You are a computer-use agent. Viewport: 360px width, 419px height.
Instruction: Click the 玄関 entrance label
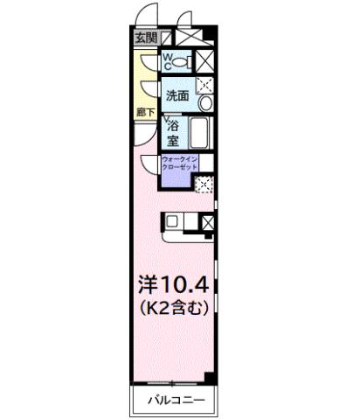(145, 38)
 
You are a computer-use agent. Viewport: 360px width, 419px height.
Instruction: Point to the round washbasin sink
(204, 104)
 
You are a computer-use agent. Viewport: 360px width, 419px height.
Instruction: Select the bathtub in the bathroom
(199, 135)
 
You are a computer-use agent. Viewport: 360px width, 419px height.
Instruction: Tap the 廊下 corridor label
(145, 112)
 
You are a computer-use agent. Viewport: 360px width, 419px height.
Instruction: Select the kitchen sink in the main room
(173, 222)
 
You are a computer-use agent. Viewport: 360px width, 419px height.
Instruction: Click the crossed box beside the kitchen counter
(207, 222)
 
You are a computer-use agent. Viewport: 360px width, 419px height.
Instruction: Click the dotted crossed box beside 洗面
(204, 85)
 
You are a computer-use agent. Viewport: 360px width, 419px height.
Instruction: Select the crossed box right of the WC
(204, 60)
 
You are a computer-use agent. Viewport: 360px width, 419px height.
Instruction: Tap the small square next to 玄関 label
(166, 38)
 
